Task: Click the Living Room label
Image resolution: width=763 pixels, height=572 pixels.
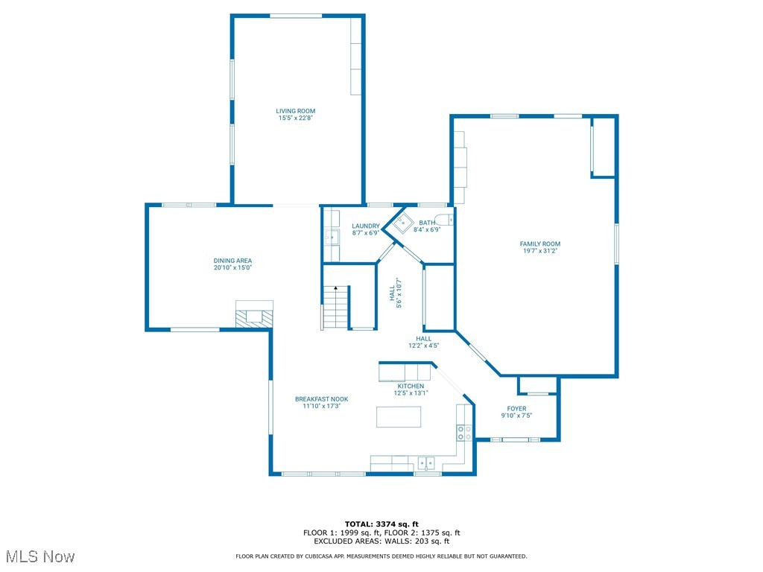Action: tap(295, 111)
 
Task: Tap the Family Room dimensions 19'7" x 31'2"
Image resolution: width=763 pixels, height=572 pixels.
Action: tap(539, 251)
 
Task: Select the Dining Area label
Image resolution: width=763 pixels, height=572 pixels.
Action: tap(232, 261)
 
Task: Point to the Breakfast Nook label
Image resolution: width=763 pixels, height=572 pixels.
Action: tap(322, 399)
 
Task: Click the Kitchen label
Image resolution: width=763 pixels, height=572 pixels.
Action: tap(411, 387)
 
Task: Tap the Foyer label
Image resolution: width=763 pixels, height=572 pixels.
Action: tap(516, 409)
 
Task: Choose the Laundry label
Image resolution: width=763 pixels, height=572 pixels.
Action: tap(365, 226)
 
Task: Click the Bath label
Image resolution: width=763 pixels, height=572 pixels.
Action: tap(427, 223)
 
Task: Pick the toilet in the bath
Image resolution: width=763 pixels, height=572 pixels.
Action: tap(444, 220)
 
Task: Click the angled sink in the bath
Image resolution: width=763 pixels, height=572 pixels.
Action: tap(403, 223)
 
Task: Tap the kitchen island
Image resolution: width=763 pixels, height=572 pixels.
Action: tap(399, 417)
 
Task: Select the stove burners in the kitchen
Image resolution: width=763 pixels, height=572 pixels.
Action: tap(464, 433)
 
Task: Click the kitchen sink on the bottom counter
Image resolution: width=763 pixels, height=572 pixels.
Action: tap(425, 463)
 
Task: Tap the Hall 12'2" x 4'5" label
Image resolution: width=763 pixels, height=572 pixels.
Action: tap(423, 342)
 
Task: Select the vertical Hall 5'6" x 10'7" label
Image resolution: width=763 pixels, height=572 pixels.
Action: tap(396, 293)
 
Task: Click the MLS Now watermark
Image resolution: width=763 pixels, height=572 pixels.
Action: tap(40, 556)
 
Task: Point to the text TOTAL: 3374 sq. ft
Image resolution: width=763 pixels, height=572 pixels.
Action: tap(381, 524)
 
